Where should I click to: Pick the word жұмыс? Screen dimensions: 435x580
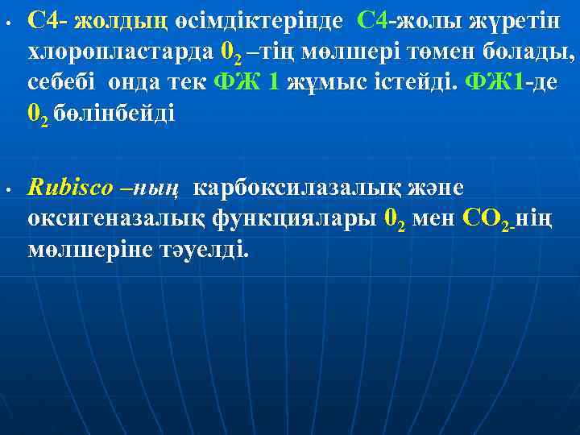329,83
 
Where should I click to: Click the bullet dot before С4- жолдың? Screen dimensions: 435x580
6,23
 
